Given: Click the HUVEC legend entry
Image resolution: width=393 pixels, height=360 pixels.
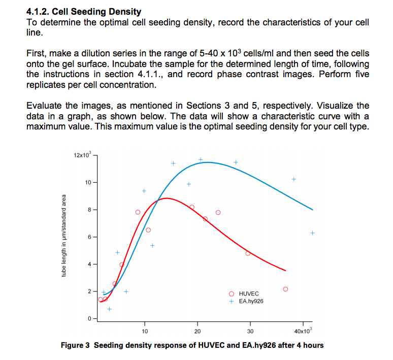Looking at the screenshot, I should click(248, 294).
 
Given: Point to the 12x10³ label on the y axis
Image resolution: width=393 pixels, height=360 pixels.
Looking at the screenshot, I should click(81, 154).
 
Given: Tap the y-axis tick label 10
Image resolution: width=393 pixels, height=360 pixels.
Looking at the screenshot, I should click(87, 182).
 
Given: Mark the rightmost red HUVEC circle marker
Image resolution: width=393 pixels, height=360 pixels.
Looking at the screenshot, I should click(285, 289).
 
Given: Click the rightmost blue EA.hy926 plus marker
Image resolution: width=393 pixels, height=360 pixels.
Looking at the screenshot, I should click(312, 233).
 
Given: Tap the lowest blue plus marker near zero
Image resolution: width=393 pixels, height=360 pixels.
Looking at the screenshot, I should click(109, 309).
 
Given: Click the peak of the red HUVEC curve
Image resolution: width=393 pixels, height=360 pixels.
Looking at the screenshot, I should click(166, 199).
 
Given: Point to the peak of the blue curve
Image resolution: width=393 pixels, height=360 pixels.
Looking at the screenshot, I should click(208, 162).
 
